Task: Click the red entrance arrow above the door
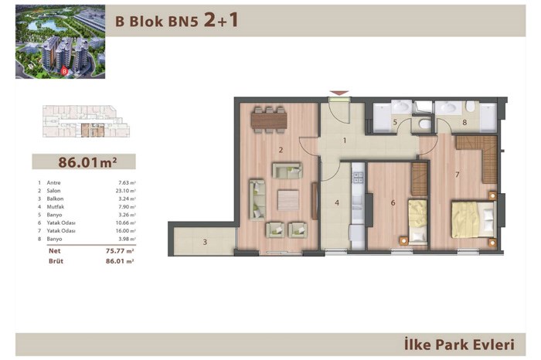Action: (339, 93)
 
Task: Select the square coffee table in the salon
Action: (288, 200)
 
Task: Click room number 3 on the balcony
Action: (205, 242)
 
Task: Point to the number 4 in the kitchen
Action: (337, 202)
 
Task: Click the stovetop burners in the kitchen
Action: (358, 177)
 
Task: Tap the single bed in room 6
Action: (418, 222)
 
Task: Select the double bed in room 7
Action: (473, 219)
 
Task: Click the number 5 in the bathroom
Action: (395, 122)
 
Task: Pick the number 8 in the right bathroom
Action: (464, 122)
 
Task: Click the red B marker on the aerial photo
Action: (64, 71)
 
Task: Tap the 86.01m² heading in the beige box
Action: (87, 162)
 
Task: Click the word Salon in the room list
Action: (53, 191)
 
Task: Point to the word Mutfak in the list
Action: (56, 207)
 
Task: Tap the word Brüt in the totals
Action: (56, 261)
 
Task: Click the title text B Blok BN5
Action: (157, 22)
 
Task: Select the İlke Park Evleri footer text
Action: (459, 345)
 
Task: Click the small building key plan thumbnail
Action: (86, 121)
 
